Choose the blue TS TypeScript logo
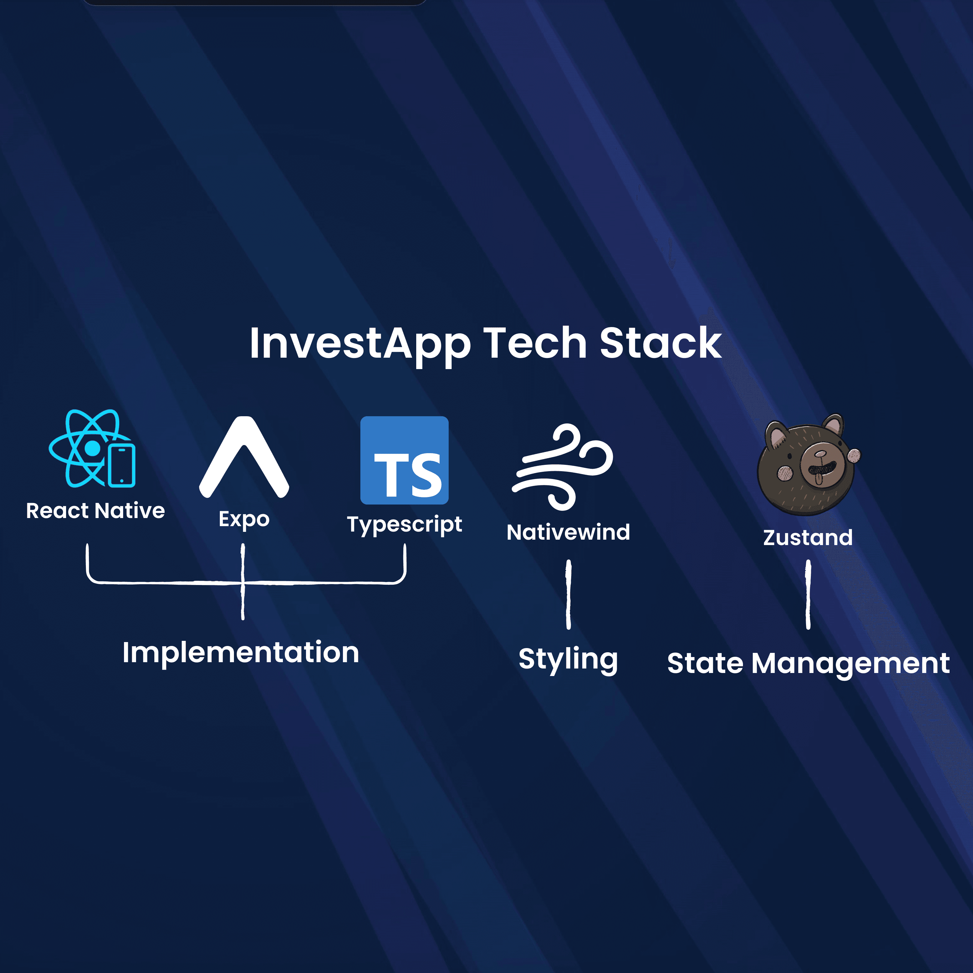405,460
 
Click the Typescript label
405,524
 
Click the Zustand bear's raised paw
854,456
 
